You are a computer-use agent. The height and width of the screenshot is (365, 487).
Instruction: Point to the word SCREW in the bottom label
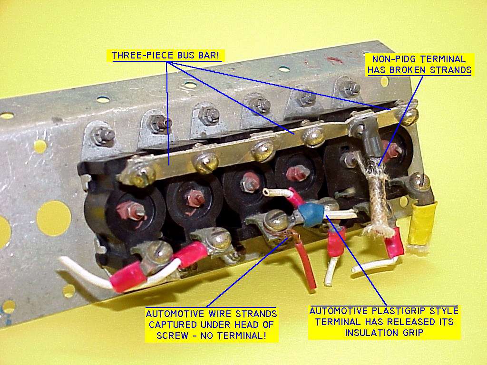(x=172, y=336)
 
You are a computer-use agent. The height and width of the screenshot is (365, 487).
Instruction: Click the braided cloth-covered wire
(x=377, y=199)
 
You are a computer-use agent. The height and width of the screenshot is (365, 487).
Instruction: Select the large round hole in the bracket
(x=54, y=219)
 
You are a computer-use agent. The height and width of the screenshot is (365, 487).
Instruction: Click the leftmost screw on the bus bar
(x=140, y=176)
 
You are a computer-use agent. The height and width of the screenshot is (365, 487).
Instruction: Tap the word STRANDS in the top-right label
(x=453, y=70)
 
